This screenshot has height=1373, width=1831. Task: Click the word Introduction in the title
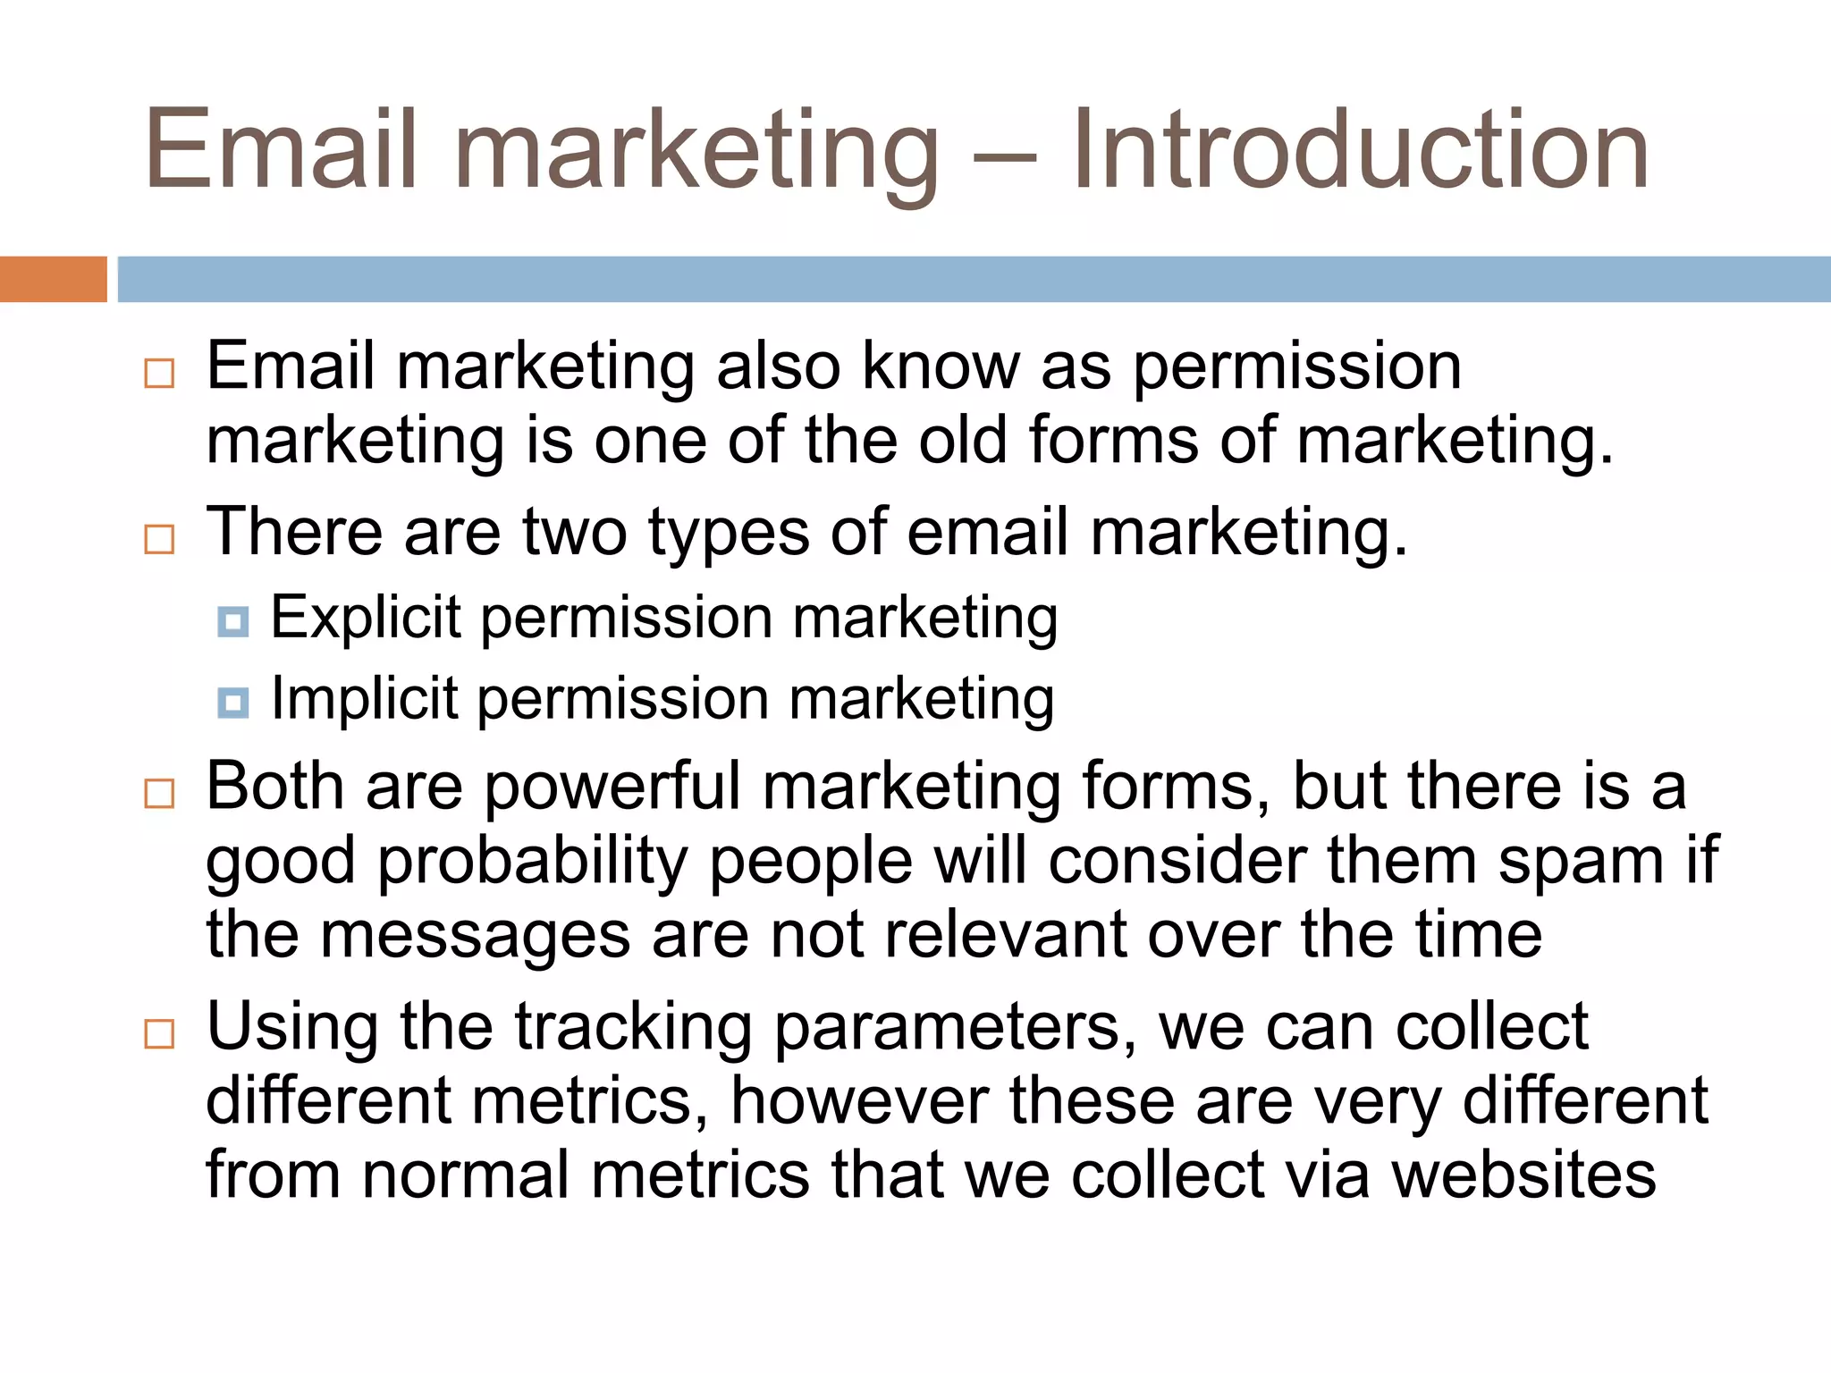point(1359,149)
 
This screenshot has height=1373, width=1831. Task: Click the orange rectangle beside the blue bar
point(53,279)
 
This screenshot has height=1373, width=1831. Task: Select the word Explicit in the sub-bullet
point(365,618)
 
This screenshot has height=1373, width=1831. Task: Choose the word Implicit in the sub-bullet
point(364,698)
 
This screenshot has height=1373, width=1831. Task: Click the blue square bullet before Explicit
point(233,621)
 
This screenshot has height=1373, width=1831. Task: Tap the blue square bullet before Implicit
point(233,703)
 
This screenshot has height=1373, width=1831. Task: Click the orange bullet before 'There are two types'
point(159,539)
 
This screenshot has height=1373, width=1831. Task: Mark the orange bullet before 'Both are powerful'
point(159,793)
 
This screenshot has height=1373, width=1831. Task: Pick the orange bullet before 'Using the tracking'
point(159,1033)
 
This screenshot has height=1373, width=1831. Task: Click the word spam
point(1581,863)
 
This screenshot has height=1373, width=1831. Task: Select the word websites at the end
point(1523,1175)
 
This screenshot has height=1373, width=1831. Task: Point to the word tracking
point(633,1028)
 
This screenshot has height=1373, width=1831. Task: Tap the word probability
point(532,863)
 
